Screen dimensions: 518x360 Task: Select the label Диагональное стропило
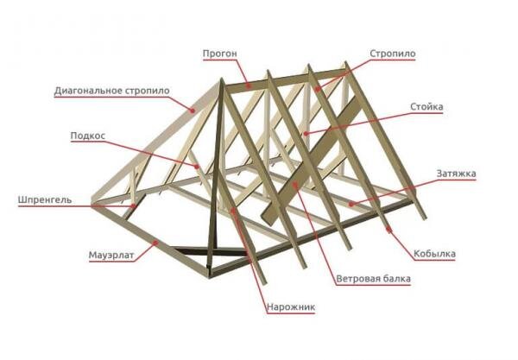point(111,91)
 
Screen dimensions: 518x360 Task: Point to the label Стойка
point(428,108)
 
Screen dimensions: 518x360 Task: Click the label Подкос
point(88,136)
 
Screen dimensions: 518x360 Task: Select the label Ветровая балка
point(373,280)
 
